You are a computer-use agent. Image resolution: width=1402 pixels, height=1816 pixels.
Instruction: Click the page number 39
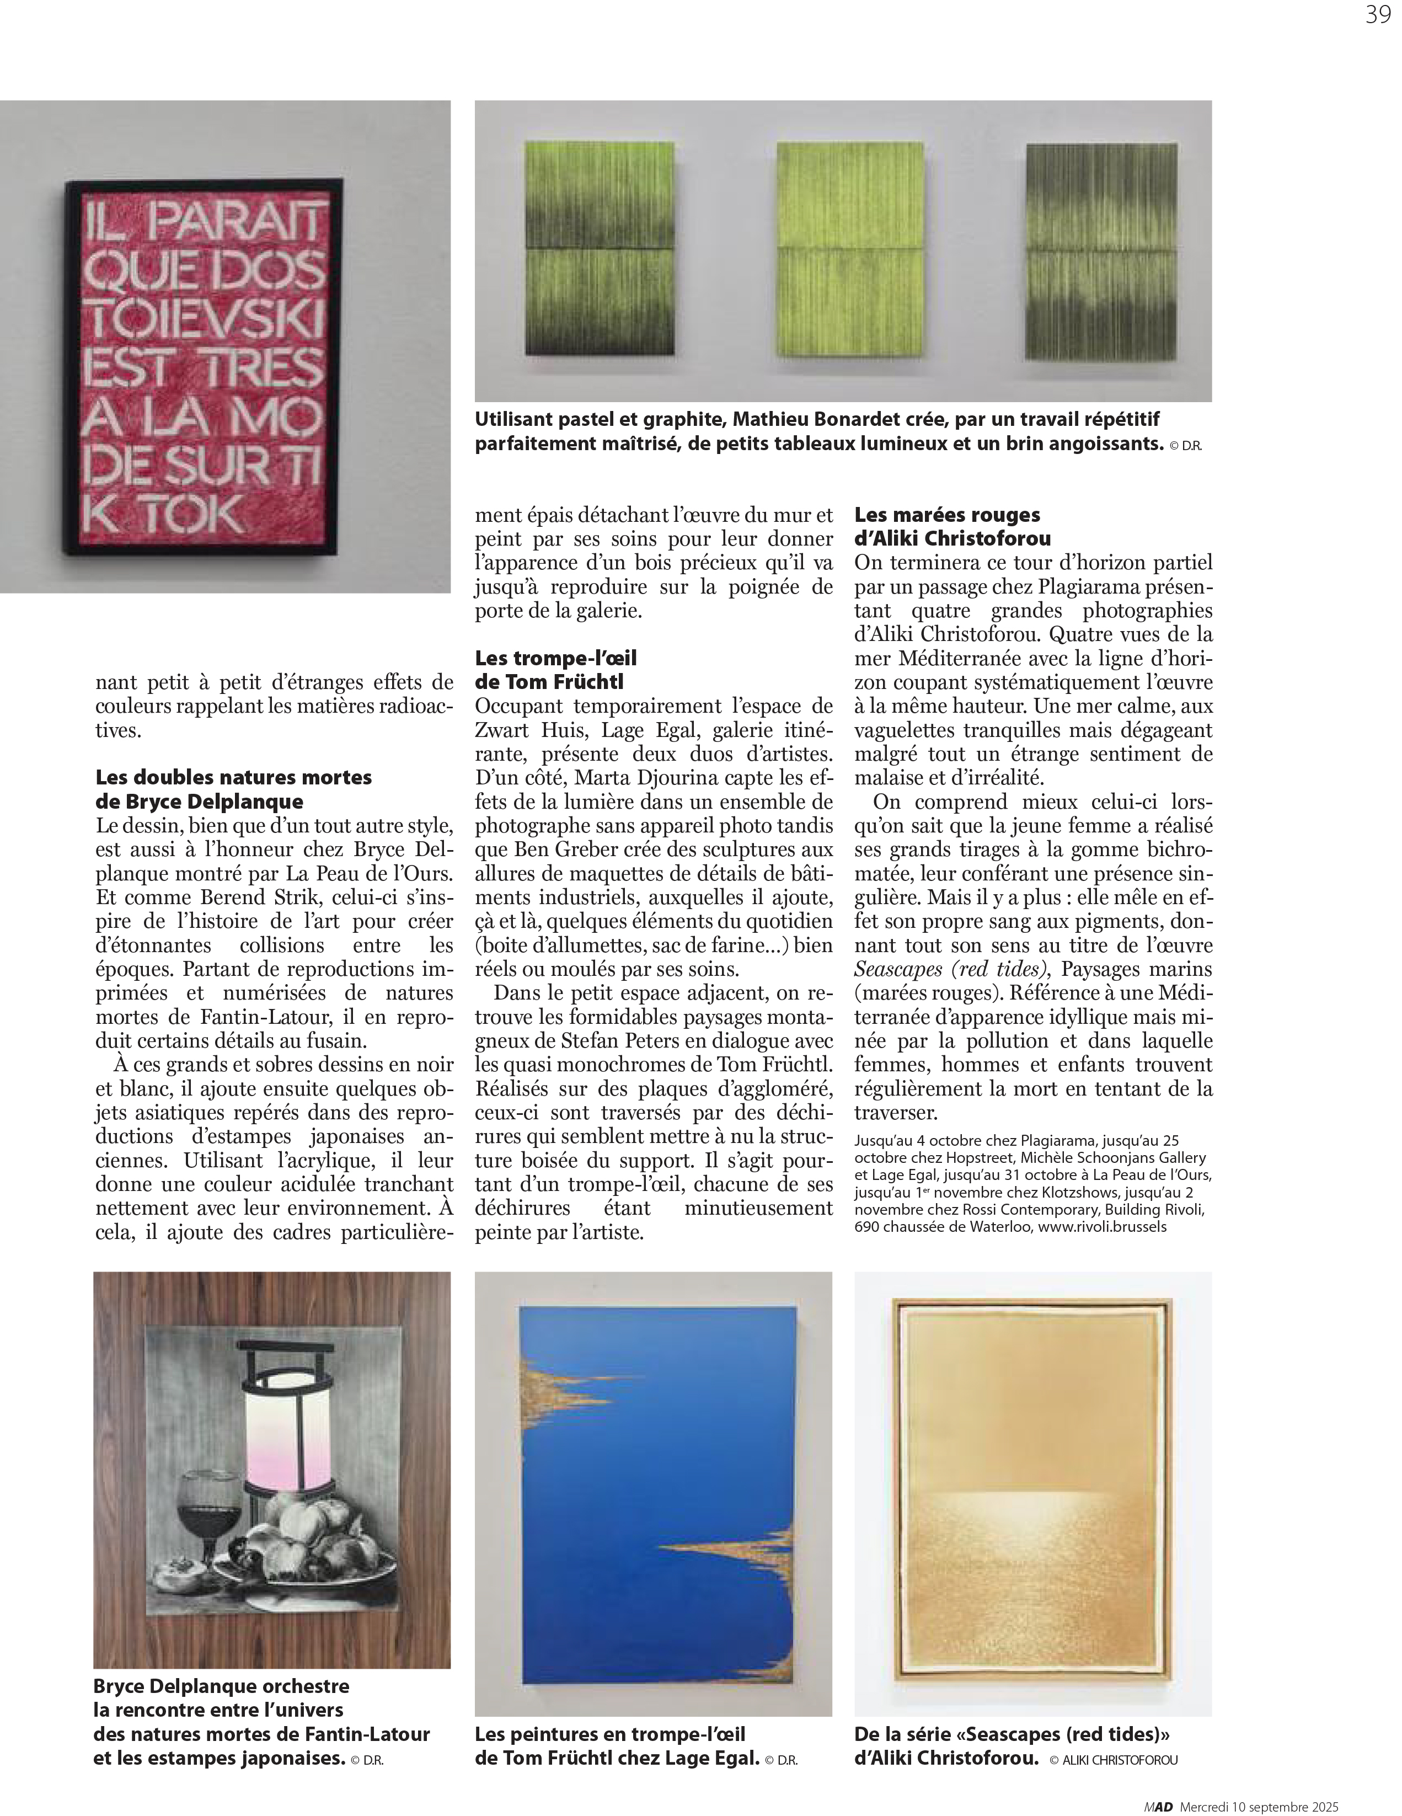pyautogui.click(x=1377, y=15)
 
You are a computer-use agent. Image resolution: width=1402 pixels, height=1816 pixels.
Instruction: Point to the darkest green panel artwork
pyautogui.click(x=1102, y=251)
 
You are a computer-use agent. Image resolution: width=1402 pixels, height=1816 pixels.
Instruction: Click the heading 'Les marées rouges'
pyautogui.click(x=947, y=515)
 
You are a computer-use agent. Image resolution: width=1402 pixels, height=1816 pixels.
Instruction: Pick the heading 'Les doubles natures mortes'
pyautogui.click(x=234, y=777)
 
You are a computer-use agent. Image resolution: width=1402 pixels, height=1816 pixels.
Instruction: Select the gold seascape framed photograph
pyautogui.click(x=1033, y=1493)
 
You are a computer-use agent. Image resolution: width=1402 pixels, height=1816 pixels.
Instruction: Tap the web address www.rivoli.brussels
pyautogui.click(x=1102, y=1226)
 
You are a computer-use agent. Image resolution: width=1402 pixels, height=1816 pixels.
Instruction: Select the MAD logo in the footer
pyautogui.click(x=1158, y=1807)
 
